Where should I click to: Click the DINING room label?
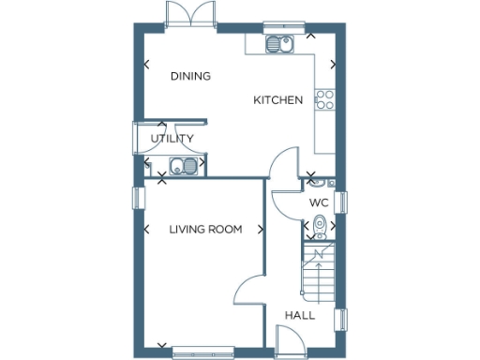pos(190,77)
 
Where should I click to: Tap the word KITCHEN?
pos(277,99)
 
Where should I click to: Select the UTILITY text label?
pos(172,139)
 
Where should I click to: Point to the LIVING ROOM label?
pos(205,229)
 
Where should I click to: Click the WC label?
pos(319,202)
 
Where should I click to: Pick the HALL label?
pos(300,315)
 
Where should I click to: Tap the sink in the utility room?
pos(183,167)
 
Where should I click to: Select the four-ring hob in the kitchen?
pos(325,100)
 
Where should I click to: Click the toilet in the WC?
pos(320,225)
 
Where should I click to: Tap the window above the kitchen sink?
pos(278,25)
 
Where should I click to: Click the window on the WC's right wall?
pos(342,202)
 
